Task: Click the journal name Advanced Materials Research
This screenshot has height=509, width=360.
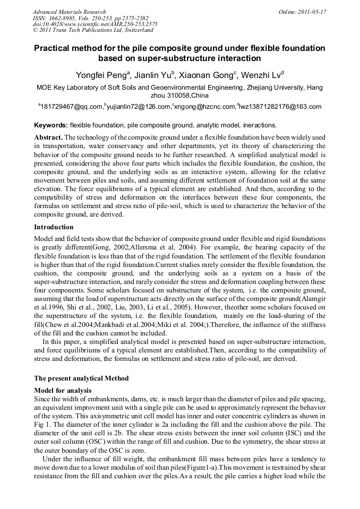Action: (69, 12)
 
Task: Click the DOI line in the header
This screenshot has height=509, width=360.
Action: (95, 24)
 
